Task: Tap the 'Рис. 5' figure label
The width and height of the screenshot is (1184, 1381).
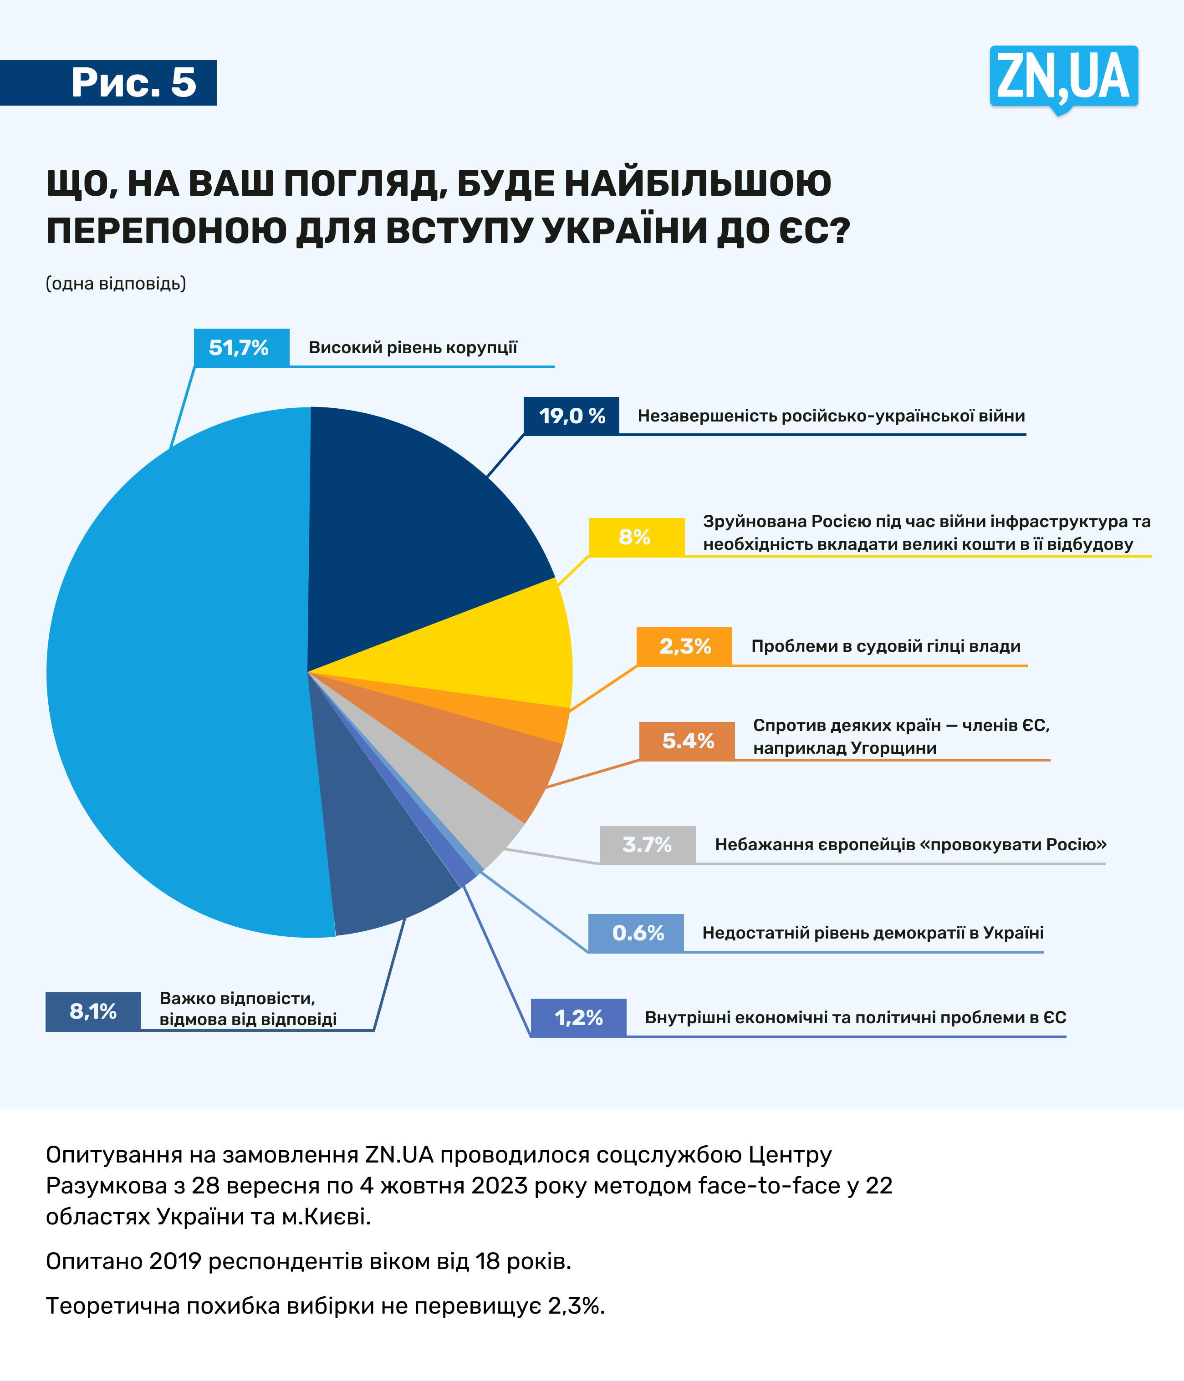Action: point(133,83)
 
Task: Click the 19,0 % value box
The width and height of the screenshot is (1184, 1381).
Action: point(572,416)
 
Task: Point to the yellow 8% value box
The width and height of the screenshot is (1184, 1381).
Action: point(636,537)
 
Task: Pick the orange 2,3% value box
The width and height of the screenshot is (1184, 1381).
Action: point(684,646)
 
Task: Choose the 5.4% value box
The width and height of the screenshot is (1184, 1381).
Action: point(687,741)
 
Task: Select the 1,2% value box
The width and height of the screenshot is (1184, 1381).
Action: point(578,1017)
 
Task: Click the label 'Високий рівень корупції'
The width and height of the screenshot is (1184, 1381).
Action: point(413,347)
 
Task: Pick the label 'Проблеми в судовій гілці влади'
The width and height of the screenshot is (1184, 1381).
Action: point(885,646)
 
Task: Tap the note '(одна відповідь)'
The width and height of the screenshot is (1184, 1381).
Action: point(115,283)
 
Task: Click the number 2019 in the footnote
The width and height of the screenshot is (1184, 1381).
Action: point(175,1261)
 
